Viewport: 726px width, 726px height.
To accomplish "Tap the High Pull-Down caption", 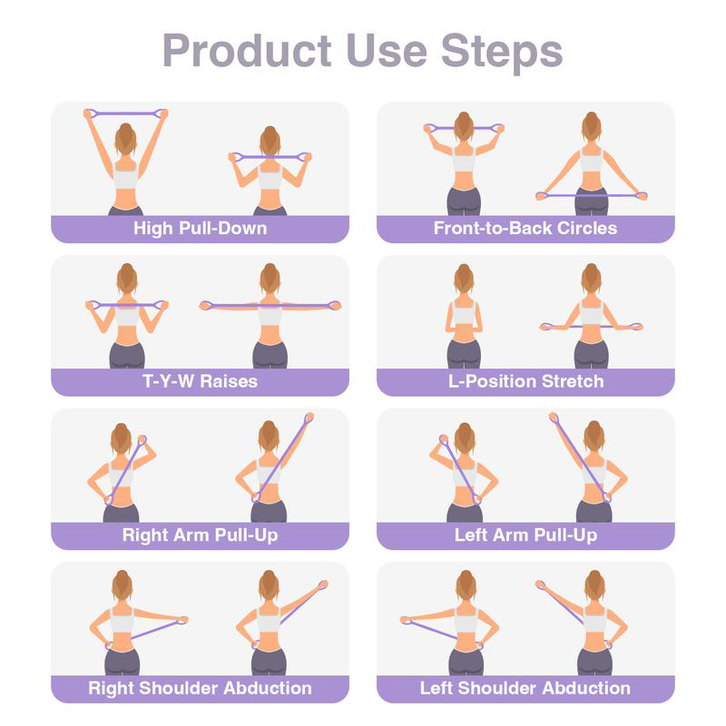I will [200, 228].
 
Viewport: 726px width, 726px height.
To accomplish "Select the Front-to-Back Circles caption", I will [525, 228].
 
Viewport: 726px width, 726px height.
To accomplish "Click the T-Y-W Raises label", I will [200, 381].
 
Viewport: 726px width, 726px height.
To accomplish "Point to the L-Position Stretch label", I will [525, 381].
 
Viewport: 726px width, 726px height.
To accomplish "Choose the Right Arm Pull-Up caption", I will [200, 535].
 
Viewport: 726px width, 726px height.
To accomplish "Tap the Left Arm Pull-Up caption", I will [525, 535].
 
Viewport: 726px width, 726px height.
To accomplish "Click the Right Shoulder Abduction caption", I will [200, 688].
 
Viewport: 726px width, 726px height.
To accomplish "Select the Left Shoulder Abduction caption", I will [525, 688].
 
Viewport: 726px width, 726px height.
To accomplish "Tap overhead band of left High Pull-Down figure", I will [126, 113].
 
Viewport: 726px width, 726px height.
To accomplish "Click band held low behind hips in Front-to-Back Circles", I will [591, 194].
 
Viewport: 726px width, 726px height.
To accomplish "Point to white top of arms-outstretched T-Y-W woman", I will [270, 314].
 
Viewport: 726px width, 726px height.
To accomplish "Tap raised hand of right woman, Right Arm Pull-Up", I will [309, 419].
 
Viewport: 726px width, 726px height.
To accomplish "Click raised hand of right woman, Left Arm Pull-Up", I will [553, 418].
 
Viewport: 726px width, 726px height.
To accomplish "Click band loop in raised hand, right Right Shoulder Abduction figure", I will [321, 585].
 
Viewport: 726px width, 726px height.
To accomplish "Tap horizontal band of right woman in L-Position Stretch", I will [591, 326].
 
